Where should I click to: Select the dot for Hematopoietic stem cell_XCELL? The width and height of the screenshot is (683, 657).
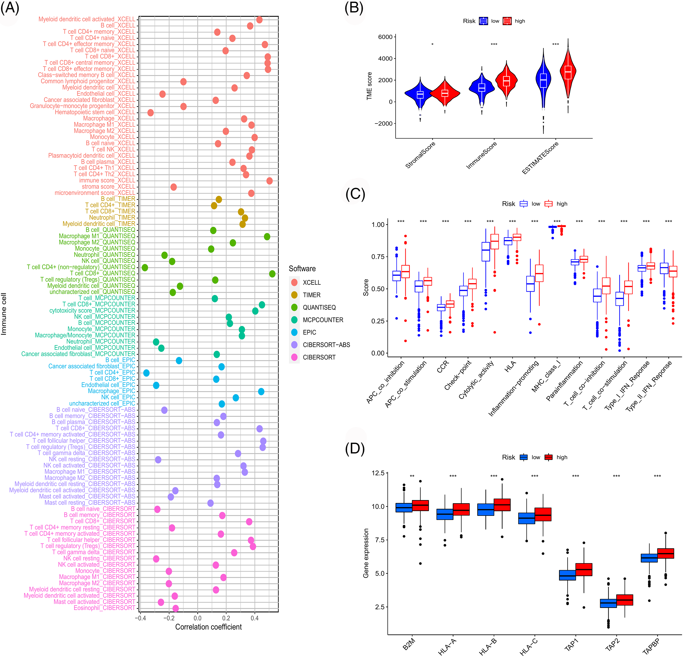tap(151, 113)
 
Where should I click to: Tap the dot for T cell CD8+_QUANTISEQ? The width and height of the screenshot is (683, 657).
tap(272, 274)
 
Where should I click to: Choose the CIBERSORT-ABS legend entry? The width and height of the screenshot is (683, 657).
tap(326, 345)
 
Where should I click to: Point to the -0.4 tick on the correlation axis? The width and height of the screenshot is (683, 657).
tap(140, 618)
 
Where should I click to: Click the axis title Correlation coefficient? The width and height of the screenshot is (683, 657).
tap(208, 627)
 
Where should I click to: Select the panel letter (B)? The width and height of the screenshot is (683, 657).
tap(354, 8)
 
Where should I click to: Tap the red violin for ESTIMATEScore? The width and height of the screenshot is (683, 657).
tap(568, 73)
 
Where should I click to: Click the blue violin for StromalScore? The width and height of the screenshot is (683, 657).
tap(420, 94)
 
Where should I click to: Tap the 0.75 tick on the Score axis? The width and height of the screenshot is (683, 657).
tap(378, 257)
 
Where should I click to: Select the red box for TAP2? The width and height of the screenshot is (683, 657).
tap(624, 600)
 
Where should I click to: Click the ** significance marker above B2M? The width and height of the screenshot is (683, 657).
tap(412, 476)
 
